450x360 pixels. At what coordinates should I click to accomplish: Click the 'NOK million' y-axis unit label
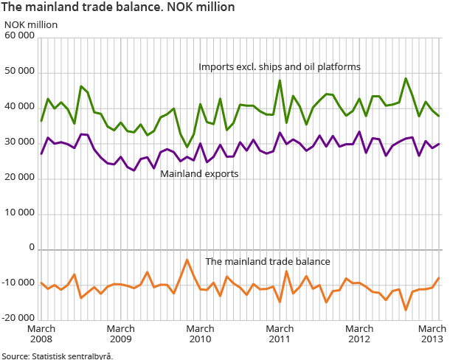pos(30,24)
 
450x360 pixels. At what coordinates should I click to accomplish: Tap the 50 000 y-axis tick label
pos(19,72)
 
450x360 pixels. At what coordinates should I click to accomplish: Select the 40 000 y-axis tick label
pos(19,108)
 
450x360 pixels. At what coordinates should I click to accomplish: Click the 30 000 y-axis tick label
pos(19,143)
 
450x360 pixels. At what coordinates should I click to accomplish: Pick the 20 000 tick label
pos(19,179)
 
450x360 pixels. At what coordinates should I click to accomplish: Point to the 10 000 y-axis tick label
pos(19,214)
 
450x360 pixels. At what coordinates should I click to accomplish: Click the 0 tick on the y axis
pos(32,249)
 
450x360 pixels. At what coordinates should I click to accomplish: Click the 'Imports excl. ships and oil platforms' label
pos(279,66)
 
